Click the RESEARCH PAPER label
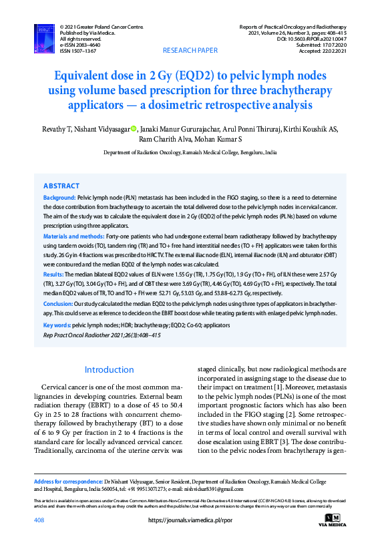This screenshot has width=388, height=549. (x=190, y=51)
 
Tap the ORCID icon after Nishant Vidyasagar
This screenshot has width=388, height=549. (x=152, y=129)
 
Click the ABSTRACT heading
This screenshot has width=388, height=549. (x=61, y=186)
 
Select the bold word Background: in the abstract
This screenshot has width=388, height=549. (x=59, y=198)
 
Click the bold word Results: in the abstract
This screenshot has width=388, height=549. (x=53, y=274)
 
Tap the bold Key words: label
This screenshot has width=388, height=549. (x=57, y=325)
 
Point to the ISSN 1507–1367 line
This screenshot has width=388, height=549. (x=78, y=51)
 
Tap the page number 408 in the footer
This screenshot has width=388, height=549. (x=39, y=520)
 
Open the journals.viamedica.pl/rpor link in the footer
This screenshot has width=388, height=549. (x=190, y=520)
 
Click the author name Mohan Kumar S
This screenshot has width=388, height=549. (x=218, y=140)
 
